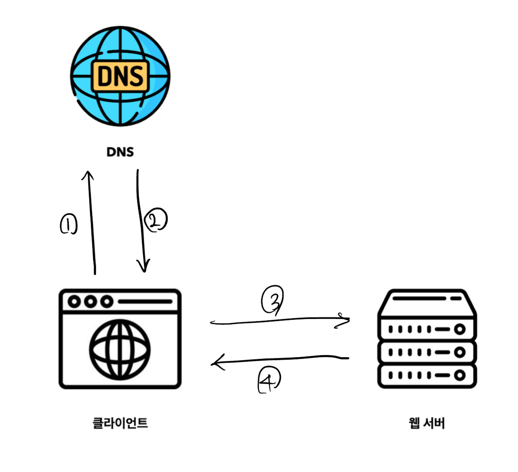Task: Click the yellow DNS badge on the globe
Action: [120, 76]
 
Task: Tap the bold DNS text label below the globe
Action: [120, 152]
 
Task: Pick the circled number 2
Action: [156, 220]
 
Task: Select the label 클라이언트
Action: [120, 423]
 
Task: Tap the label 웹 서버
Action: [427, 423]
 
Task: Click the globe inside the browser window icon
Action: [120, 350]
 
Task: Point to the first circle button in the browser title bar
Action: [74, 301]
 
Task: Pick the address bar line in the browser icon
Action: [145, 301]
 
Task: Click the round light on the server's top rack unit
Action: [460, 329]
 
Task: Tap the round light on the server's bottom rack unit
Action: [460, 375]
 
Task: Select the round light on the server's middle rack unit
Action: [460, 352]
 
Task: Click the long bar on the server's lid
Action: [419, 299]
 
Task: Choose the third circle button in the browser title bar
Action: [107, 301]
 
